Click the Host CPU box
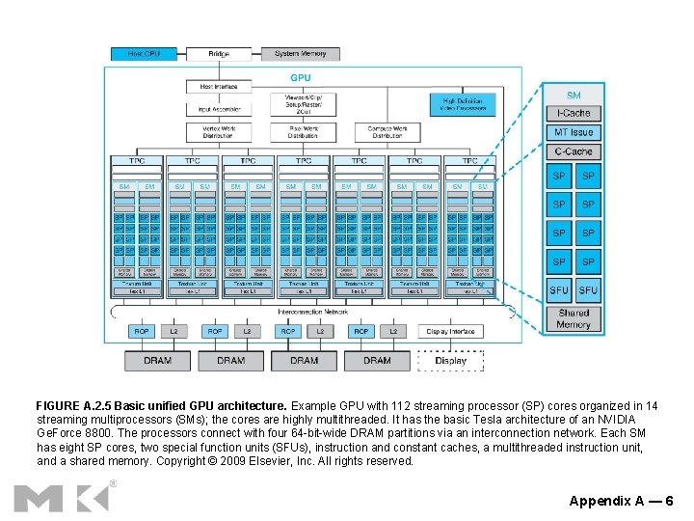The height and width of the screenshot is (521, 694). point(144,54)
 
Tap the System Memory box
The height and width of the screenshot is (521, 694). point(300,54)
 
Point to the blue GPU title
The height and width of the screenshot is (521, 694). point(302,77)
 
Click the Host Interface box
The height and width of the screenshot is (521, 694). point(218,87)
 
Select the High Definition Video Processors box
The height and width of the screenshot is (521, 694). point(462,104)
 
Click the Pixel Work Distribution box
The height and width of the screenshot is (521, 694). point(303,132)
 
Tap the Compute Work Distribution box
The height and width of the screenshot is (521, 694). point(387,132)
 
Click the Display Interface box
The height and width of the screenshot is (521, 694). point(450,331)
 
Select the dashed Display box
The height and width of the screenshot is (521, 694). point(450,361)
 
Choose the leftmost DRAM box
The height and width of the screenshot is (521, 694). point(157,361)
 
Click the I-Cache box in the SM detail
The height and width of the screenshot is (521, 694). point(574,114)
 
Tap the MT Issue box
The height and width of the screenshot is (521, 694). point(574,132)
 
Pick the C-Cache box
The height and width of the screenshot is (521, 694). point(574,151)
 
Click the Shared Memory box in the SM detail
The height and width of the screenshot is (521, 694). point(574,318)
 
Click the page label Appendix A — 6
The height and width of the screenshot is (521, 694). point(621,501)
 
